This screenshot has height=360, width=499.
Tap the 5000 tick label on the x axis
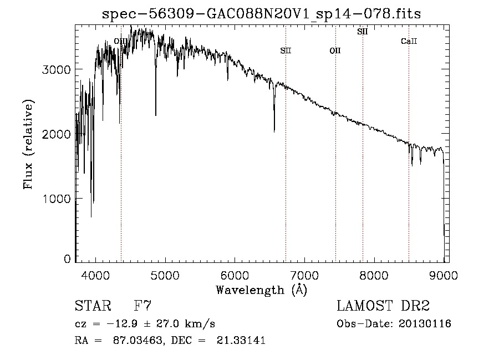pyautogui.click(x=165, y=274)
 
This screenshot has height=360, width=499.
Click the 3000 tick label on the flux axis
pyautogui.click(x=57, y=70)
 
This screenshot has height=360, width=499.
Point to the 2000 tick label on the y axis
pyautogui.click(x=57, y=135)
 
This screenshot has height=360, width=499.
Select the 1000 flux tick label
pyautogui.click(x=57, y=199)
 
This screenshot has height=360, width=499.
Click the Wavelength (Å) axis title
pyautogui.click(x=261, y=289)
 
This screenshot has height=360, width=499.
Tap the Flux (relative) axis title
pyautogui.click(x=28, y=145)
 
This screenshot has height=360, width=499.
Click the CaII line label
pyautogui.click(x=409, y=42)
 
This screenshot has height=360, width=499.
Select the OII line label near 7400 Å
pyautogui.click(x=335, y=51)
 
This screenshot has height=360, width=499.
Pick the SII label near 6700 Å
pyautogui.click(x=286, y=51)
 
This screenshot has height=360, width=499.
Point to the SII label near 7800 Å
pyautogui.click(x=362, y=32)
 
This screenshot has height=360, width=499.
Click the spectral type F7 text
pyautogui.click(x=143, y=306)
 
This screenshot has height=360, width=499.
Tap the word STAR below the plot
pyautogui.click(x=92, y=306)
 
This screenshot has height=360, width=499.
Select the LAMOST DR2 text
pyautogui.click(x=383, y=306)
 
